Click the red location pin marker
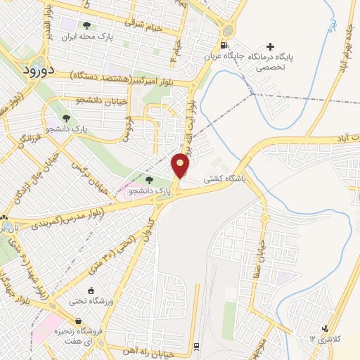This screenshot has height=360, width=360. pos(181,165)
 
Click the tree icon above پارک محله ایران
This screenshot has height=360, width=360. pos(87,25)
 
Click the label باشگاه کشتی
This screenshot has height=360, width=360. pos(224,180)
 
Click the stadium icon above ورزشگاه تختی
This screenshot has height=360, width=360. pos(91,291)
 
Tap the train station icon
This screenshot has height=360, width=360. pos(195,345)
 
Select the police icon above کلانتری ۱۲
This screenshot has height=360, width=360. pos(325,328)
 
